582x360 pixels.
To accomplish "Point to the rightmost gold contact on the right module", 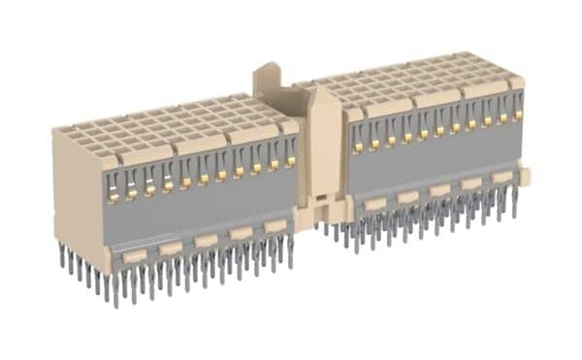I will tap(517, 118).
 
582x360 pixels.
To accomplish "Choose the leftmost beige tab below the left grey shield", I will tap(135, 255).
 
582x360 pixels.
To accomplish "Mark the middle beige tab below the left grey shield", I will tap(205, 240).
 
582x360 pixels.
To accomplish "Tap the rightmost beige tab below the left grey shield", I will tap(275, 225).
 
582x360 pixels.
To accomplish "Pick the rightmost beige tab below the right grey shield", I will tap(501, 178).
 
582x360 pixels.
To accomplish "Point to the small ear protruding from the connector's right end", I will tap(527, 176).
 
